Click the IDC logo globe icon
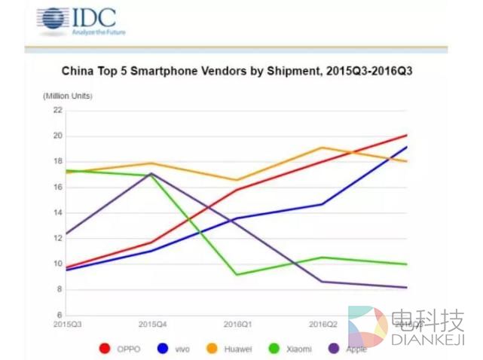tap(50, 21)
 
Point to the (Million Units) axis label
tap(66, 96)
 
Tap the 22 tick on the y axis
tap(57, 110)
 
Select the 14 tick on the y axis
tap(57, 212)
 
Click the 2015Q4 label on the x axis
tap(152, 324)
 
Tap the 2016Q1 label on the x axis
tap(237, 324)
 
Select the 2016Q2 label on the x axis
tap(323, 324)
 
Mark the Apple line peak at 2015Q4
tap(152, 173)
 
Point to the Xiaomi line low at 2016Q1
tap(237, 274)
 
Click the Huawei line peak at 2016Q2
tap(323, 148)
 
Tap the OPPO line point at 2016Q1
tap(237, 189)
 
